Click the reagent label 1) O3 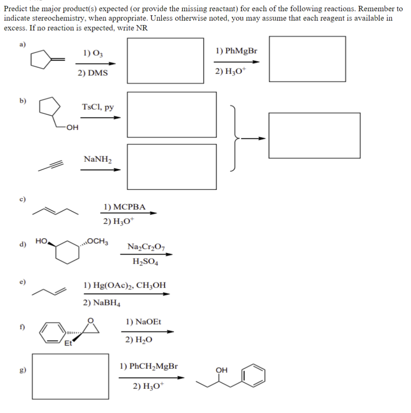pyautogui.click(x=93, y=53)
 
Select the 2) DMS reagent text pyautogui.click(x=93, y=73)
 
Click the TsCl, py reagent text pyautogui.click(x=98, y=107)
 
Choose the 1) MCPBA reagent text pyautogui.click(x=124, y=207)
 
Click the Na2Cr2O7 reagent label pyautogui.click(x=146, y=247)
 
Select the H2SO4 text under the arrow pyautogui.click(x=145, y=262)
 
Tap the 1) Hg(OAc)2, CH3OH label pyautogui.click(x=125, y=285)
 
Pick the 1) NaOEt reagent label pyautogui.click(x=143, y=322)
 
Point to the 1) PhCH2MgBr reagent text pyautogui.click(x=149, y=366)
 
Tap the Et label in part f pyautogui.click(x=68, y=344)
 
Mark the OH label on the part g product pyautogui.click(x=221, y=370)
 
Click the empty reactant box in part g pyautogui.click(x=71, y=376)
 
